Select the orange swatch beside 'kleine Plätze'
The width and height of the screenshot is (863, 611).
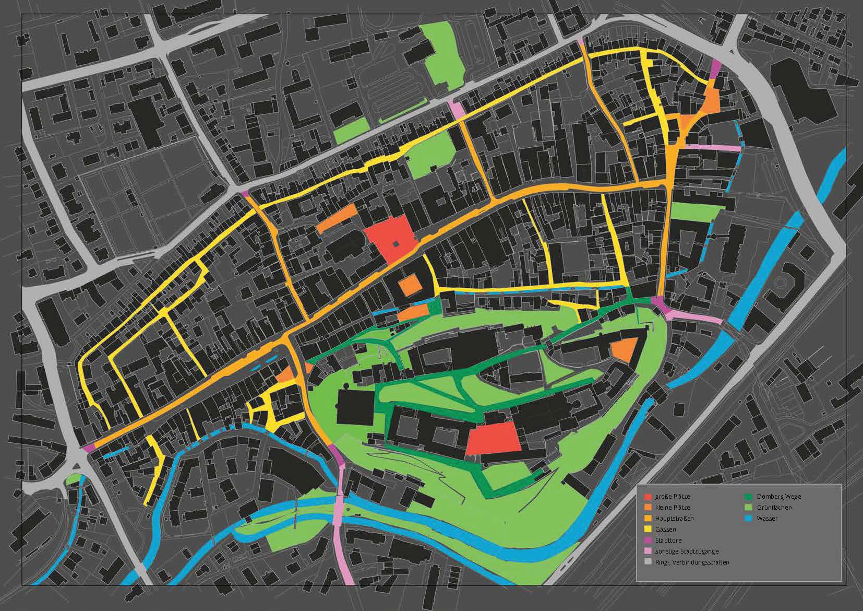(648, 508)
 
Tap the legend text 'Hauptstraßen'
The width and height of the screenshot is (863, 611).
(674, 519)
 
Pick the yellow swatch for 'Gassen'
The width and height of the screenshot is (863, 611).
(648, 530)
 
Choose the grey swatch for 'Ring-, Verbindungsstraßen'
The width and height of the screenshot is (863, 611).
(648, 562)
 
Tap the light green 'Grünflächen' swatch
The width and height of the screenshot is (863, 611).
(747, 508)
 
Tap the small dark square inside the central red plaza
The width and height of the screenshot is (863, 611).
(395, 243)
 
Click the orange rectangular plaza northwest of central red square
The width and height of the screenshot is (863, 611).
(337, 218)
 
